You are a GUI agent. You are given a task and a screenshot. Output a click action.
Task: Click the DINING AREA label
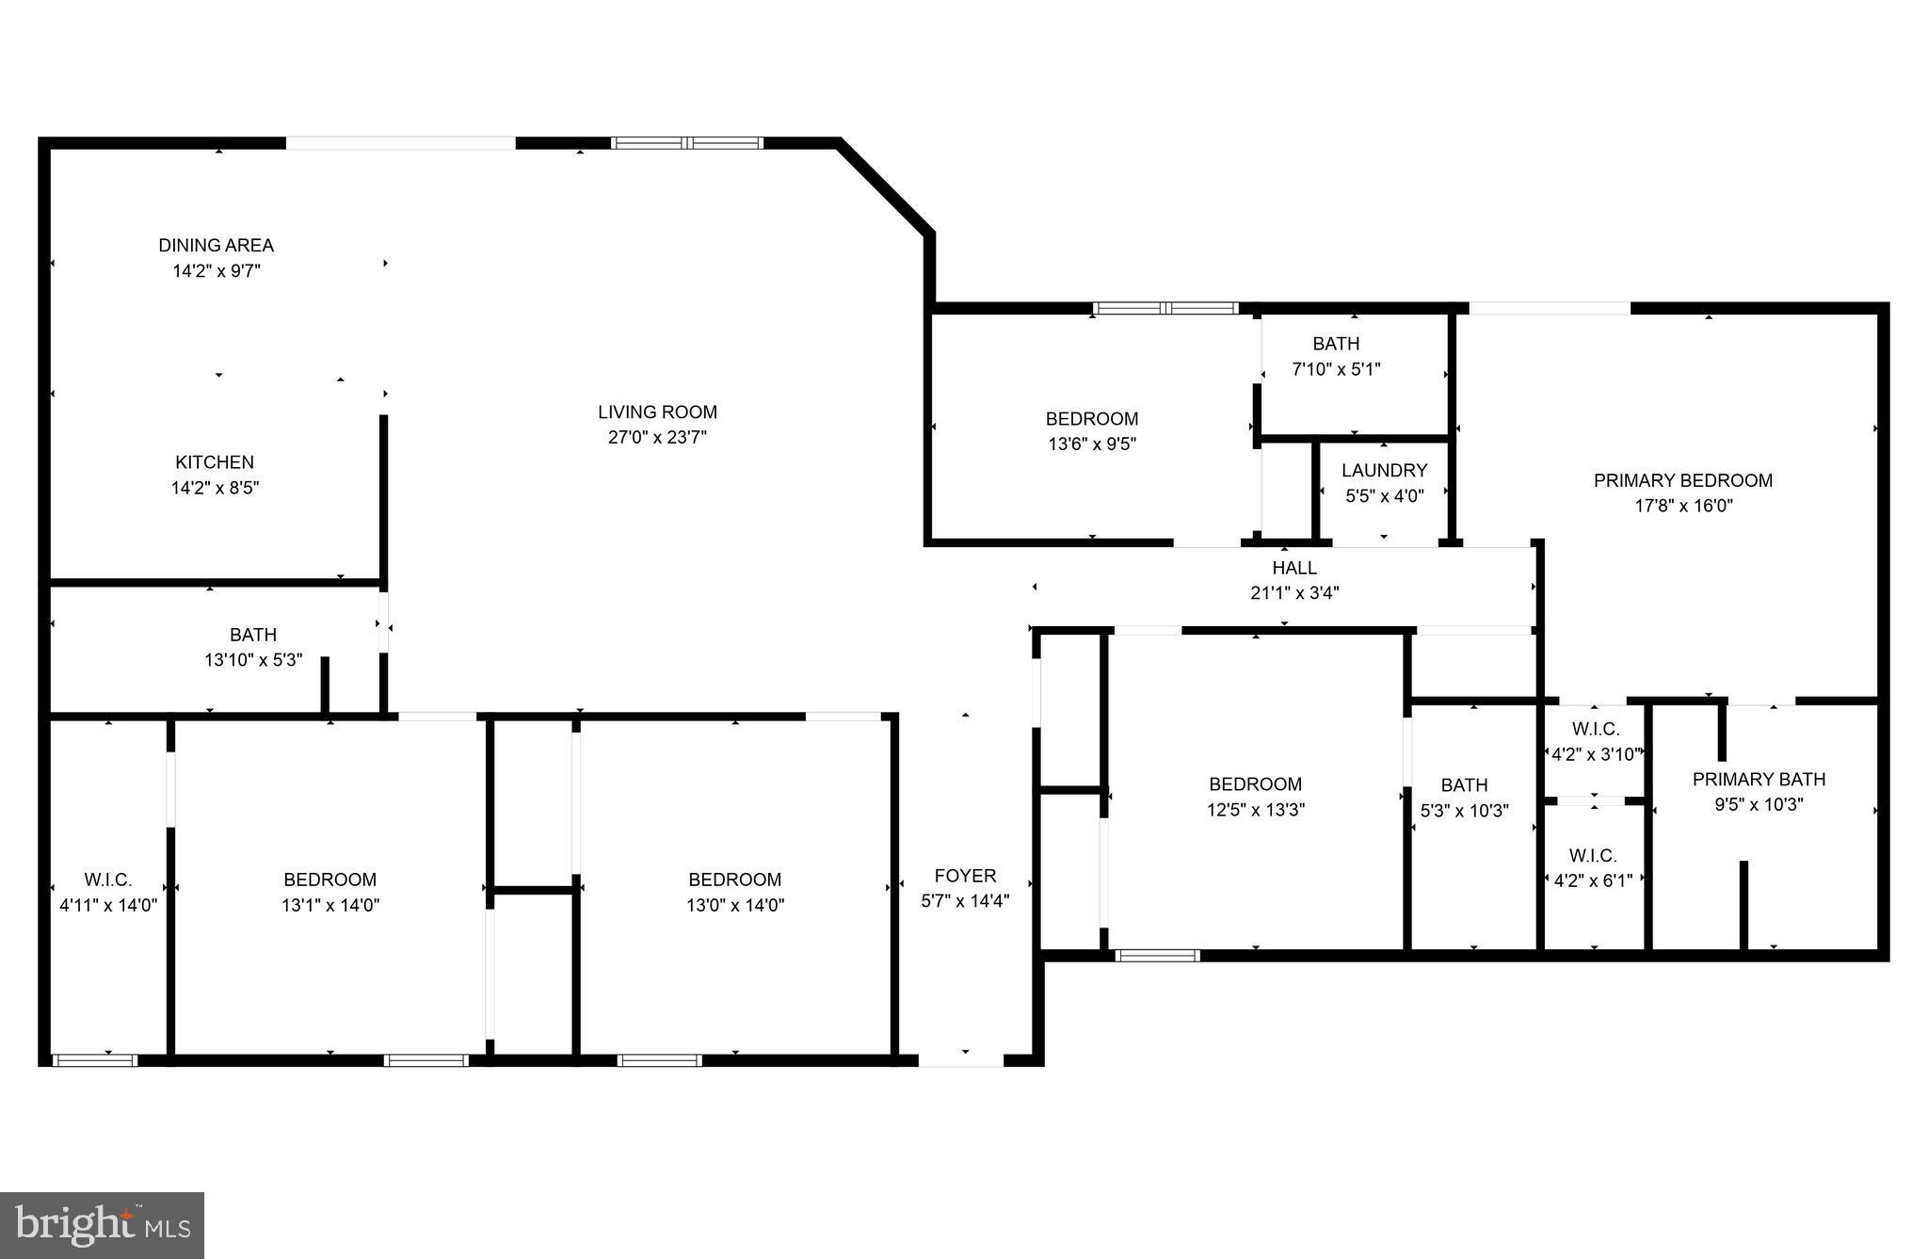[x=216, y=246]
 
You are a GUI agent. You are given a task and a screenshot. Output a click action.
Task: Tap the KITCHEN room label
[x=215, y=462]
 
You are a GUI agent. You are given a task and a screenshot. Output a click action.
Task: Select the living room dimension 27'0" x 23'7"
[x=657, y=437]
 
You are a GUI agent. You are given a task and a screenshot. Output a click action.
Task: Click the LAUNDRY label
[x=1384, y=470]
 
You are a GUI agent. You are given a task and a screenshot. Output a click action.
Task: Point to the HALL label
[x=1294, y=568]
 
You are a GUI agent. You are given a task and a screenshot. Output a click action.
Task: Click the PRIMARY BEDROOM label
[x=1682, y=480]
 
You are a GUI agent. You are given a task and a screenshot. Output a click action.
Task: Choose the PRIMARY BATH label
[x=1759, y=780]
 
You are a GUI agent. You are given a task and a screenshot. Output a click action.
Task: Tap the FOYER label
[x=965, y=876]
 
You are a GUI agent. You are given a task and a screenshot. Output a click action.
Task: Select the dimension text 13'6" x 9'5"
[x=1092, y=444]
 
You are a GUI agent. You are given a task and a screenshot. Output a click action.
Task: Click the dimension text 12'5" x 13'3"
[x=1255, y=810]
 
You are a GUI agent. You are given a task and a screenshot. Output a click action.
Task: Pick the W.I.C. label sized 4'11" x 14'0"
[x=108, y=880]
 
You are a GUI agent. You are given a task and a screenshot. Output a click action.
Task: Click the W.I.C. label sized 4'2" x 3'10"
[x=1596, y=729]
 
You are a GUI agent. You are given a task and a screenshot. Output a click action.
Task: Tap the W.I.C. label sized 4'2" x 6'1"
[x=1593, y=856]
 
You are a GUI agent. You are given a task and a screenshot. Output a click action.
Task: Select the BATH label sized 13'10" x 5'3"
[x=253, y=635]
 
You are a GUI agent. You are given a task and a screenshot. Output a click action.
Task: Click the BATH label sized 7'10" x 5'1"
[x=1336, y=344]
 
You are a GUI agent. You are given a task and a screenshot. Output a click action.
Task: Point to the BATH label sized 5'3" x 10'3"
[x=1464, y=785]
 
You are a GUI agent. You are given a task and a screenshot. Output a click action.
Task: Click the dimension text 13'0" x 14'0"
[x=734, y=905]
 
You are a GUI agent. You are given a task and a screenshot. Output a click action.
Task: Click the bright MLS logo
[x=102, y=1225]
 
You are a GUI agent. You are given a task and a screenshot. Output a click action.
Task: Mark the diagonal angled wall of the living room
[x=885, y=186]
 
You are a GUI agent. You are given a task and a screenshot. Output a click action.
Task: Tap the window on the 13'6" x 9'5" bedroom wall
[x=1165, y=308]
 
